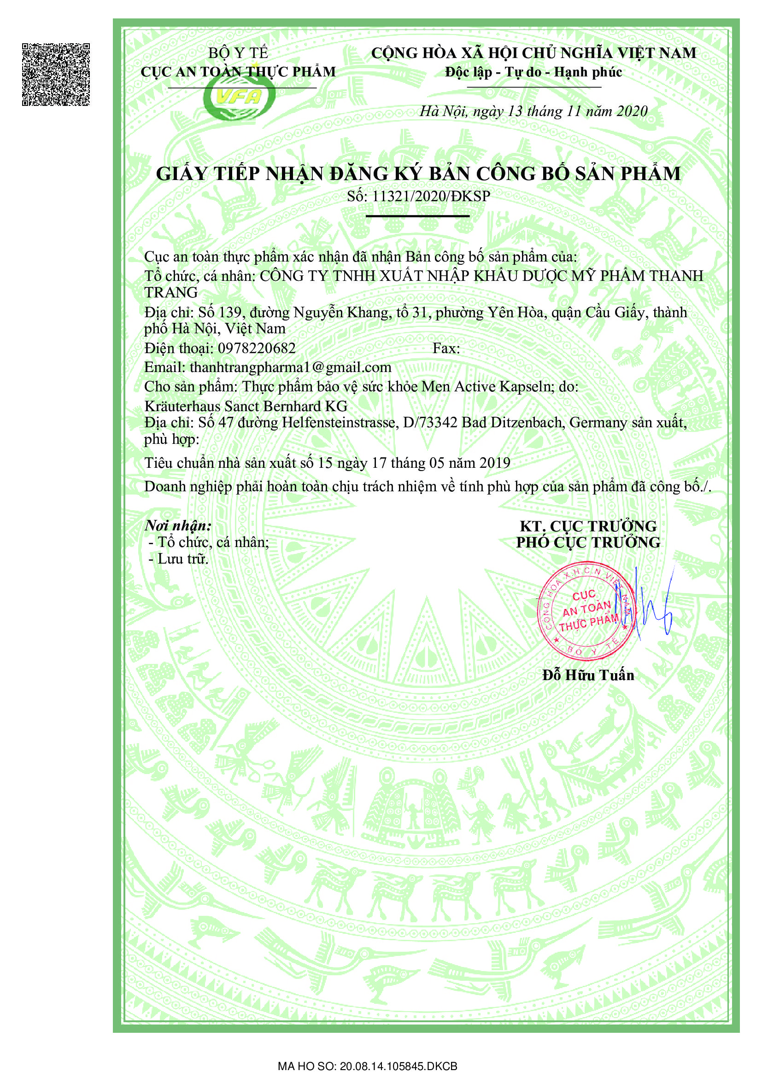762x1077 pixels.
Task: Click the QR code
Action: (56, 75)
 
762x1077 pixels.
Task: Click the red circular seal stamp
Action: (587, 611)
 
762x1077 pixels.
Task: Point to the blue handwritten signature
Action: (650, 605)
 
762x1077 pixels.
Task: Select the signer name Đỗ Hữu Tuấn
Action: (588, 675)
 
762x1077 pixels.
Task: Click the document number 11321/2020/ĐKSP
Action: (431, 197)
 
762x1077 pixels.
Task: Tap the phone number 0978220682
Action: (257, 348)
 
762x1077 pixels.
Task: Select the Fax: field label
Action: (446, 348)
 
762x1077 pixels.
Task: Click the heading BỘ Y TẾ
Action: (238, 53)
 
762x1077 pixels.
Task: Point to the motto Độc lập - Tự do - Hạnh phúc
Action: (533, 72)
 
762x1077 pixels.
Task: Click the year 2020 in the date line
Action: (632, 111)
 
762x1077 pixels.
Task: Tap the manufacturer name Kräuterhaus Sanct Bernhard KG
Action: (246, 405)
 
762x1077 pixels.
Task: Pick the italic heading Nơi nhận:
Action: (178, 525)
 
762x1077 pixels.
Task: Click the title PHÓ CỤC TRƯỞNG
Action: (588, 542)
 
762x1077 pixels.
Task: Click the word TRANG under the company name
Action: (171, 292)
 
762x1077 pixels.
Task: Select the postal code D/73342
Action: (430, 423)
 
